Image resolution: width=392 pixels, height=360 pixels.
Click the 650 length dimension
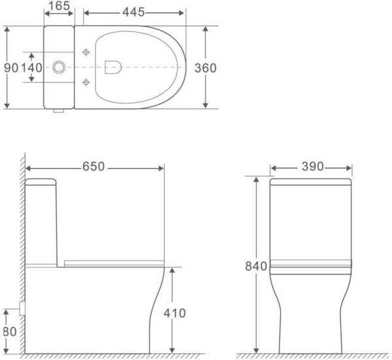tap(93, 167)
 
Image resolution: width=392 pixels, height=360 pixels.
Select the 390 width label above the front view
tap(312, 167)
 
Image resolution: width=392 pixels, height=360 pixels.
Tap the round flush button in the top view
tap(59, 67)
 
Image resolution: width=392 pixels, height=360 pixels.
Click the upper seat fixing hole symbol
tap(87, 52)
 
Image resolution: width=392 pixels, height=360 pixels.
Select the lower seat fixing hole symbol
tap(87, 82)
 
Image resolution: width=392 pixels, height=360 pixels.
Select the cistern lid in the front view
tap(312, 181)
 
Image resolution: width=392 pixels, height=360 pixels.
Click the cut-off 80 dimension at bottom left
tap(7, 331)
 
